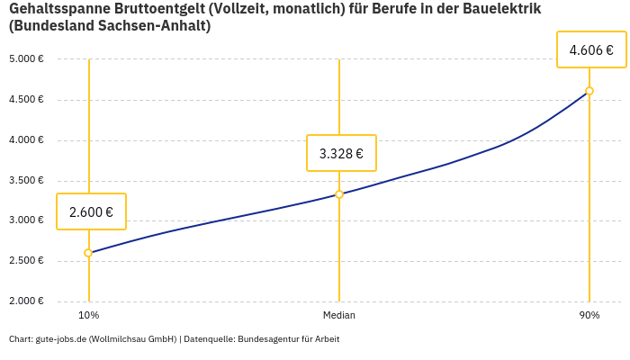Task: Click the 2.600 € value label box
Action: click(91, 212)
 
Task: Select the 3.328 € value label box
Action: click(341, 154)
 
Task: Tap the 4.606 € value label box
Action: click(591, 50)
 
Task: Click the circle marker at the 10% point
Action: click(88, 253)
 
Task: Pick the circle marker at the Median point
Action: click(339, 194)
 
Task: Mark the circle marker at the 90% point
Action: click(589, 91)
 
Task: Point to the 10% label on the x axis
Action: click(88, 315)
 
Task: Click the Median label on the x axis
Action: click(339, 315)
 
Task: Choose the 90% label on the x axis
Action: click(589, 315)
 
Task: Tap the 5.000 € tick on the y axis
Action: click(26, 59)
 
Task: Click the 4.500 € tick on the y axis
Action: click(26, 100)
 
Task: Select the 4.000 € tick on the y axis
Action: click(26, 140)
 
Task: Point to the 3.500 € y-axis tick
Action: click(26, 180)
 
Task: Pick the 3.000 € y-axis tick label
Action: click(26, 220)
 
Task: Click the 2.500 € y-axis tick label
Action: click(26, 261)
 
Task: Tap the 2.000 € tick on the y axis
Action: click(26, 301)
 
